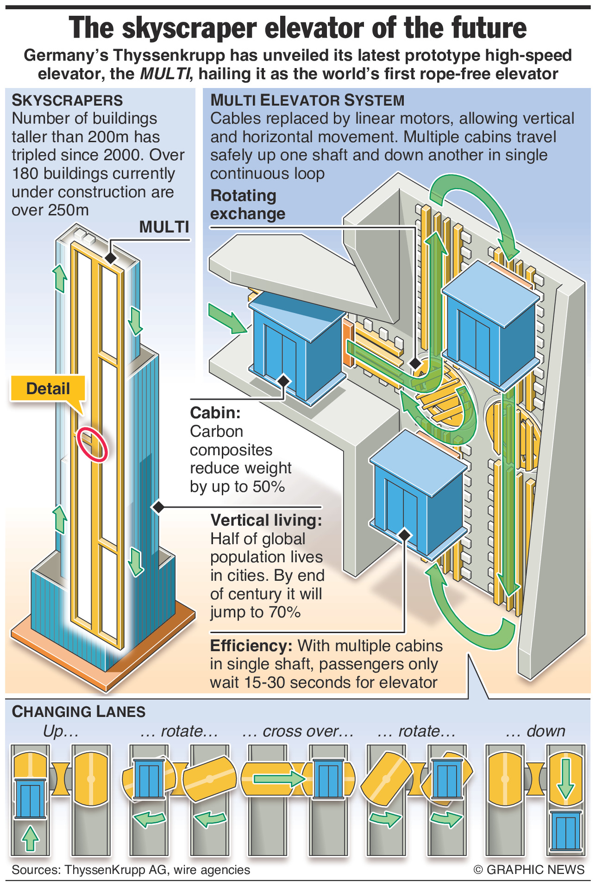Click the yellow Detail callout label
(x=48, y=388)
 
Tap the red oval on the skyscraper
(x=92, y=444)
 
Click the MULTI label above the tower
(x=164, y=227)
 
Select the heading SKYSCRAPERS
(x=67, y=100)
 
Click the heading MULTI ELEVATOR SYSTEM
(x=307, y=100)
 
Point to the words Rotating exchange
(x=247, y=205)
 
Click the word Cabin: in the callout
(x=215, y=413)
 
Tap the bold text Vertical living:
(x=266, y=520)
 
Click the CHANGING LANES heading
(x=79, y=711)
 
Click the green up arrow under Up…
(x=31, y=838)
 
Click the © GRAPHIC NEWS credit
(x=529, y=870)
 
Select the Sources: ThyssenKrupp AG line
(x=131, y=870)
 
